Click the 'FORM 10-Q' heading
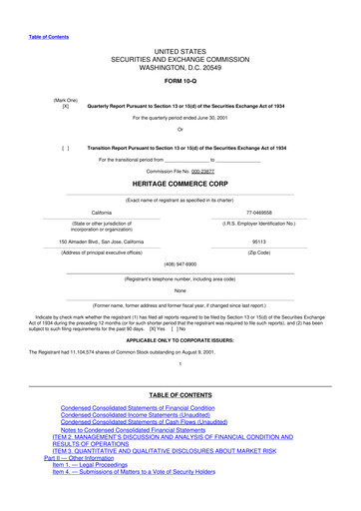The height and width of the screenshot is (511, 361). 180,81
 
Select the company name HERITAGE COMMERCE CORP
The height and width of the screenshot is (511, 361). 180,186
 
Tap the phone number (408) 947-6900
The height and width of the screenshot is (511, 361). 180,266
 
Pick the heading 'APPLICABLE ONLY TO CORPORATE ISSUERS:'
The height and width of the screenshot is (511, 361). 180,340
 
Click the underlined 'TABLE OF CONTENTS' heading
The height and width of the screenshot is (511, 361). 180,395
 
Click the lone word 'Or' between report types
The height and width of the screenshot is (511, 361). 180,129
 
